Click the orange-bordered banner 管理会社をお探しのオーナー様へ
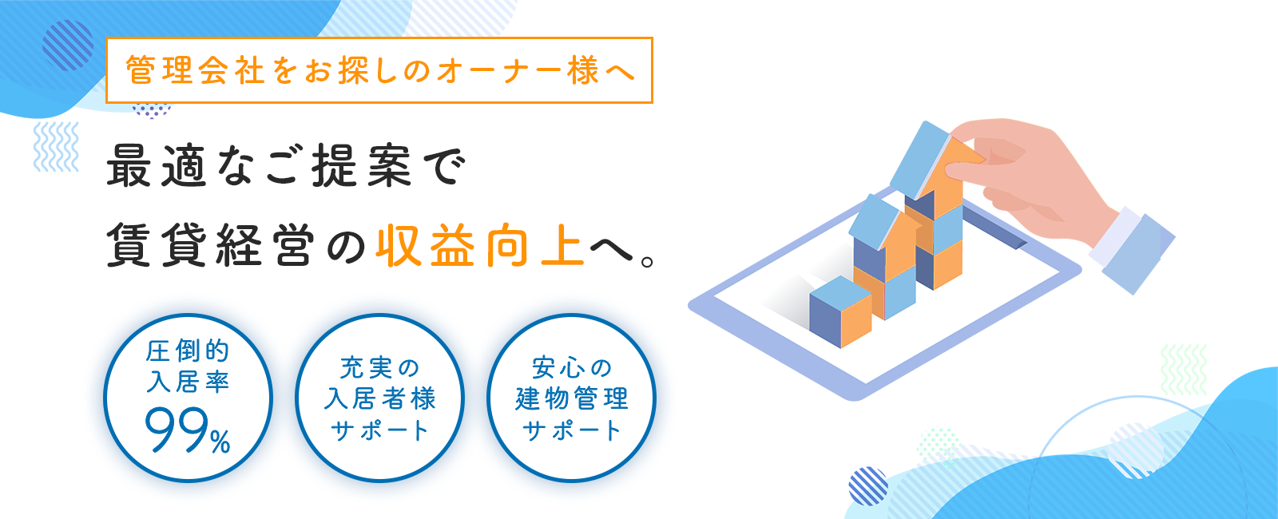(x=379, y=70)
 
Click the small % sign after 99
(x=220, y=442)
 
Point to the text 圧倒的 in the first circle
(x=188, y=351)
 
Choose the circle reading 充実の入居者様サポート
(x=380, y=398)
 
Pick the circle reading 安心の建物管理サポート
(x=572, y=398)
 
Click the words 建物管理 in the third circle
(x=572, y=398)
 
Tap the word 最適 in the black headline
(x=157, y=167)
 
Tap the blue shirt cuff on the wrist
(x=1133, y=251)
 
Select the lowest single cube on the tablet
(x=840, y=311)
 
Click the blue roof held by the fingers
(x=920, y=159)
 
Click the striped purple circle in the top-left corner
(x=68, y=45)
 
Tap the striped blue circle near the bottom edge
(x=868, y=486)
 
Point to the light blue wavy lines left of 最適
(x=56, y=147)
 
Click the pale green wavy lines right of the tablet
(x=1184, y=370)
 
